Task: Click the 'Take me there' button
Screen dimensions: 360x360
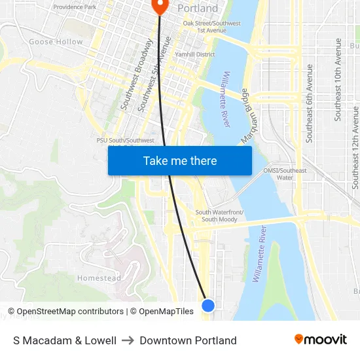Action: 180,161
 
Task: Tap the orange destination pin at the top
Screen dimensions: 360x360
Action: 160,6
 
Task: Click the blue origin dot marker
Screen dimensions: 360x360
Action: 208,305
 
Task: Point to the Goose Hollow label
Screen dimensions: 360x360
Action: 56,42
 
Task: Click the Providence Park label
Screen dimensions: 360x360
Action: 75,7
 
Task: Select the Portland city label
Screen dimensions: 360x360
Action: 198,9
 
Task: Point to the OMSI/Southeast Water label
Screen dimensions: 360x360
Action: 285,173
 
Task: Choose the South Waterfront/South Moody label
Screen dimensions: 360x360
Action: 219,215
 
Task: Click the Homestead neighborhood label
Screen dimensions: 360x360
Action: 99,278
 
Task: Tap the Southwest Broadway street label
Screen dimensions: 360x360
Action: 137,73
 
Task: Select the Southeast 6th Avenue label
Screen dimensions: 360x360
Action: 309,103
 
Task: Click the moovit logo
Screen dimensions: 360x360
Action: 320,340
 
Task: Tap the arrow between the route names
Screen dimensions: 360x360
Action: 128,340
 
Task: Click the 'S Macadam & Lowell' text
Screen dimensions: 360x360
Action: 65,340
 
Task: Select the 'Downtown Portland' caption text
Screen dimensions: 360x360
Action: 188,340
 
